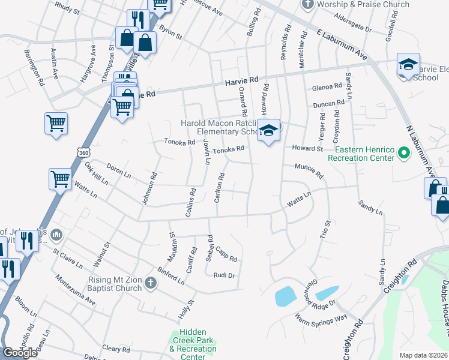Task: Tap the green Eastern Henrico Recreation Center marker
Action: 404,154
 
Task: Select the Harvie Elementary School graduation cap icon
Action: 408,64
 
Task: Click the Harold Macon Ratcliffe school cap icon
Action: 268,130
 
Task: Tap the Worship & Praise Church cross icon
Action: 308,4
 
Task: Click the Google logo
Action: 20,352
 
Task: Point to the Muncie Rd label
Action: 309,171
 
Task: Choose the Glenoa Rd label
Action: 326,88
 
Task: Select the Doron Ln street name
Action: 118,169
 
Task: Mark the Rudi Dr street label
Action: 223,275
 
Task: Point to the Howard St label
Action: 307,148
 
